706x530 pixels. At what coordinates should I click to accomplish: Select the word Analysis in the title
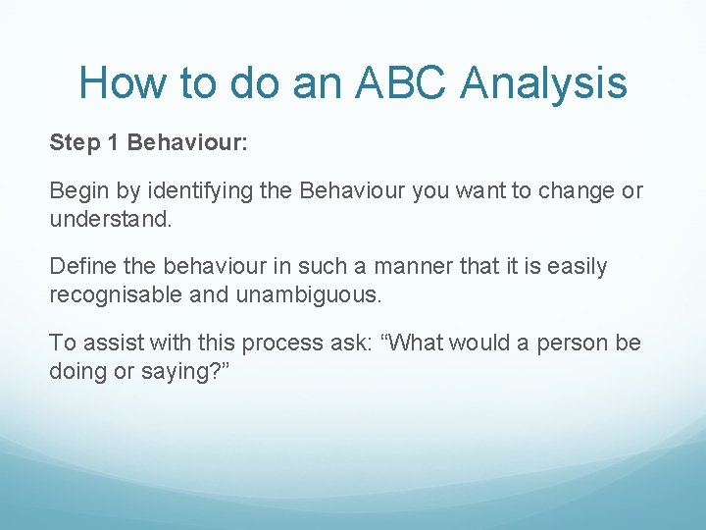coord(543,82)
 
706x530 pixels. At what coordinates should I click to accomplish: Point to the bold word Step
coord(74,143)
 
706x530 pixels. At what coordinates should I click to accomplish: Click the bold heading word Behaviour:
coord(188,143)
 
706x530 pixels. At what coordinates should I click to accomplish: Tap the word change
coord(574,190)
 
